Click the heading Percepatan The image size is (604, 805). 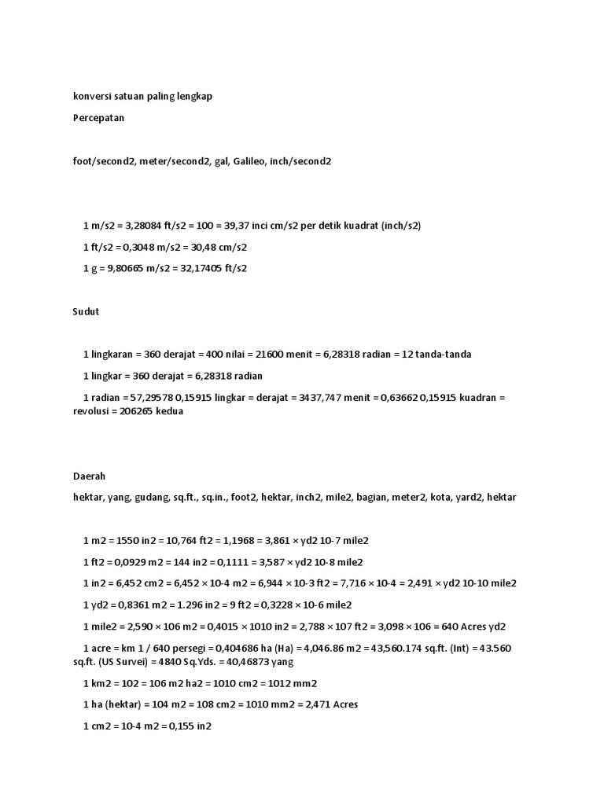[x=98, y=118]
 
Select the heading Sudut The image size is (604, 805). [x=86, y=311]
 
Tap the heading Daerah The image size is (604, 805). [x=89, y=476]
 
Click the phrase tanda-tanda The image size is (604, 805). [x=444, y=355]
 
